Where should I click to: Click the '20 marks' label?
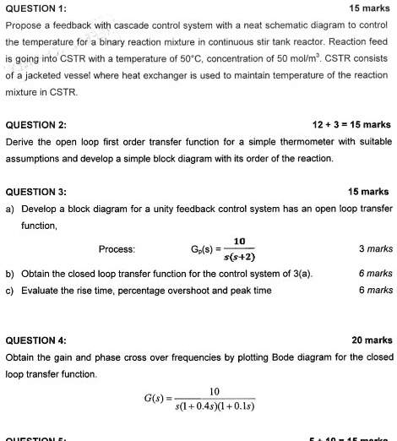pyautogui.click(x=372, y=340)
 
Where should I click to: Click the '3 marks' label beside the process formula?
pyautogui.click(x=376, y=249)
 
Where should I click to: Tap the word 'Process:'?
pyautogui.click(x=117, y=249)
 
